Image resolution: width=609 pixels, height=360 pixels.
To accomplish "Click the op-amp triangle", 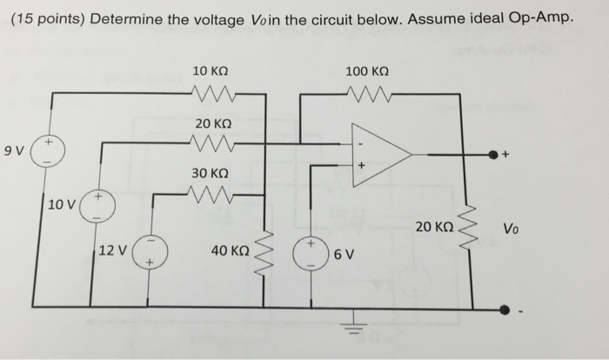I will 379,156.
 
